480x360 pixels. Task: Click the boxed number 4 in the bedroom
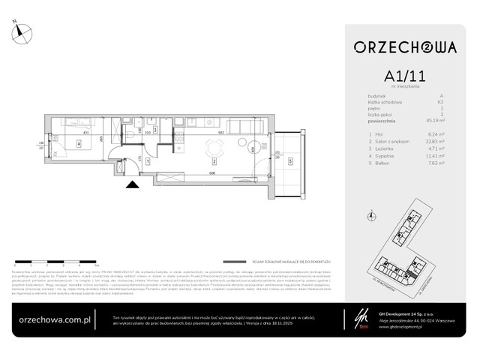[x=77, y=145]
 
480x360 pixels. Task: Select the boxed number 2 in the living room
[x=213, y=160]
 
